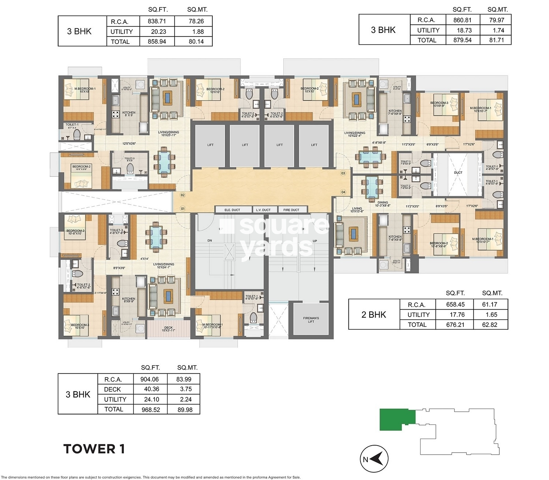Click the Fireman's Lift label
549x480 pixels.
pyautogui.click(x=311, y=320)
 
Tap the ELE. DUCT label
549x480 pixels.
pyautogui.click(x=232, y=210)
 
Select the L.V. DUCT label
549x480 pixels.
pyautogui.click(x=263, y=210)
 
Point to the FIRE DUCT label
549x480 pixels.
pyautogui.click(x=291, y=210)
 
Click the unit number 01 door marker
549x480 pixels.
pyautogui.click(x=183, y=209)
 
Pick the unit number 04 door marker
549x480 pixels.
pyautogui.click(x=343, y=192)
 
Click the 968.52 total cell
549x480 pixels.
pyautogui.click(x=151, y=410)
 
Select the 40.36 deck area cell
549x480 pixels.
pyautogui.click(x=151, y=389)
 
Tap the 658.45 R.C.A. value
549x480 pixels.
pyautogui.click(x=455, y=304)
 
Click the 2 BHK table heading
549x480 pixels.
pyautogui.click(x=374, y=315)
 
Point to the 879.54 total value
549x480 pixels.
pyautogui.click(x=462, y=40)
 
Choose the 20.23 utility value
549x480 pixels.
pyautogui.click(x=158, y=32)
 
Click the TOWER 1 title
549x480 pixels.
pyautogui.click(x=94, y=449)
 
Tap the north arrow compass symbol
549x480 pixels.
pyautogui.click(x=374, y=459)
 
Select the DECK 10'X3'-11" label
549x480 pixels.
pyautogui.click(x=168, y=329)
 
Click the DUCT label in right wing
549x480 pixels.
pyautogui.click(x=458, y=172)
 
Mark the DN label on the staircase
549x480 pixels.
pyautogui.click(x=210, y=241)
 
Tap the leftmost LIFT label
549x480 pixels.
pyautogui.click(x=210, y=145)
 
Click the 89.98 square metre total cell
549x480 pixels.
pyautogui.click(x=185, y=410)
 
